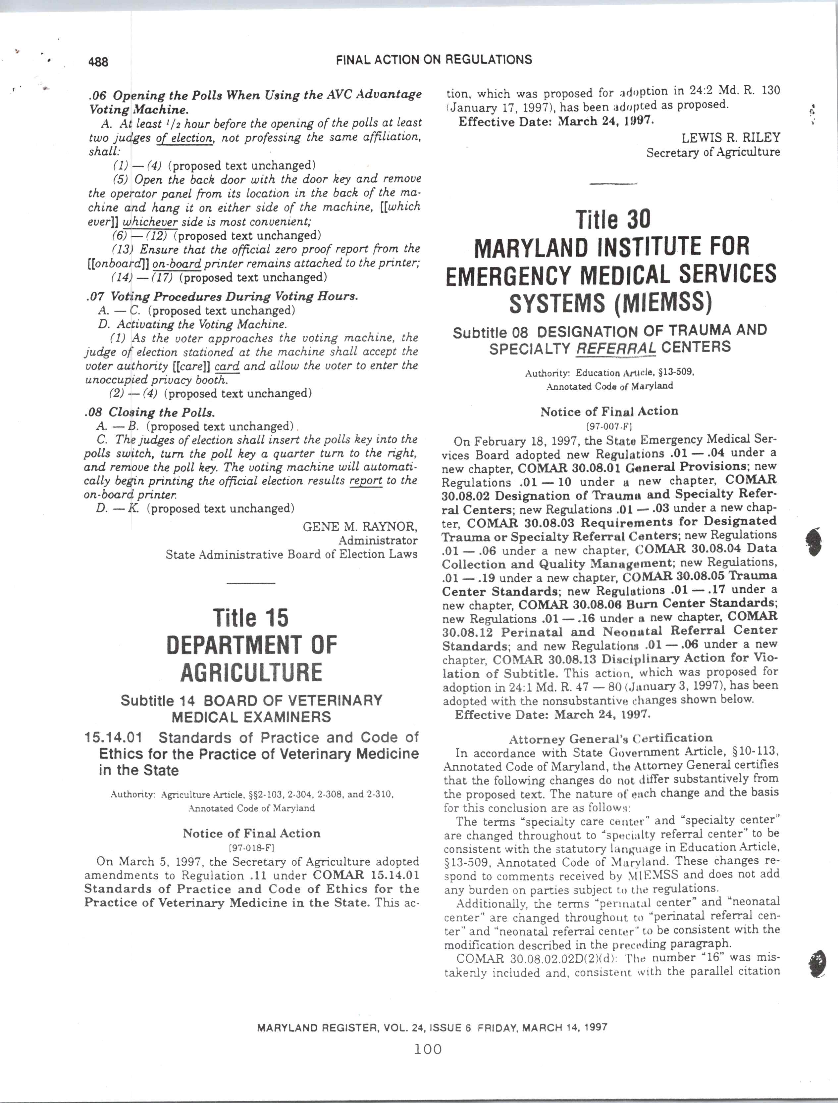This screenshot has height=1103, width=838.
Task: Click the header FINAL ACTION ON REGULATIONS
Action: tap(434, 60)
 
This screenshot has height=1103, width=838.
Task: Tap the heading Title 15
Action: tap(250, 618)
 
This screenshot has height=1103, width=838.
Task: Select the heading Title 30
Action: tap(612, 219)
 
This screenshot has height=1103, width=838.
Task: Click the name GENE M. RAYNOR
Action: tap(360, 527)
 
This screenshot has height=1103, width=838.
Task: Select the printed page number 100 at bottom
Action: tap(428, 1049)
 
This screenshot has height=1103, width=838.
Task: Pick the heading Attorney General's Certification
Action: tap(610, 738)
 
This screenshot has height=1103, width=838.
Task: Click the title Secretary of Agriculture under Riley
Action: tap(713, 152)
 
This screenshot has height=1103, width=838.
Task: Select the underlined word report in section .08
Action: tap(366, 481)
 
